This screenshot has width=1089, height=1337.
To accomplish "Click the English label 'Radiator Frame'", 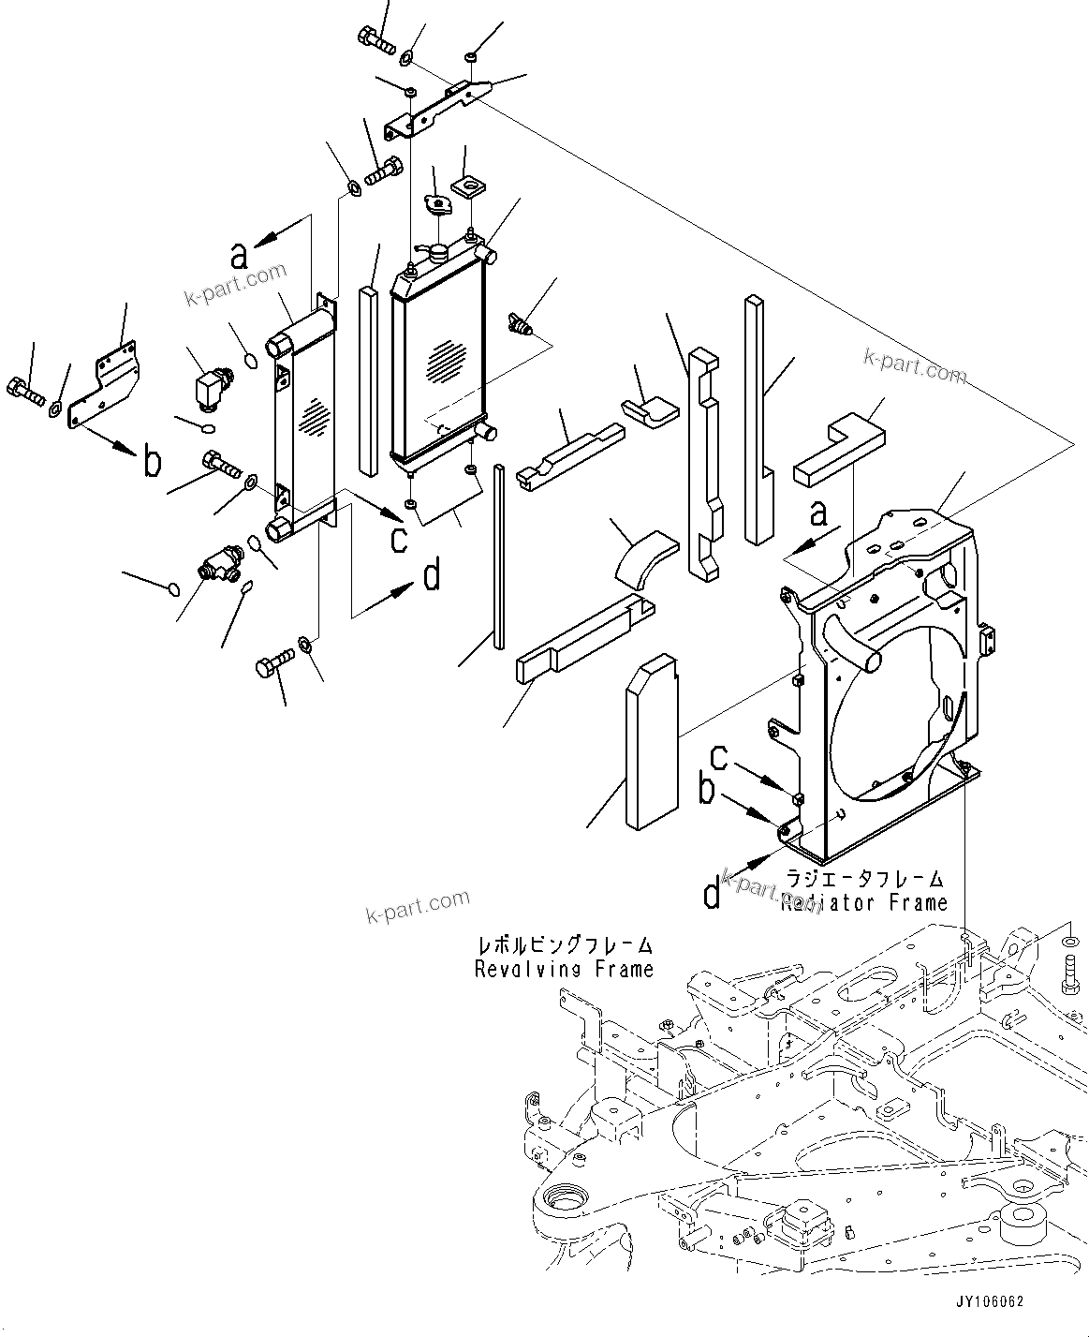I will coord(851,903).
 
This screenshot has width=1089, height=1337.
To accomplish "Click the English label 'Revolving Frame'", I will coord(564,969).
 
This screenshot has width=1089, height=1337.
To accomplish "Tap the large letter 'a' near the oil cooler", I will coord(241,254).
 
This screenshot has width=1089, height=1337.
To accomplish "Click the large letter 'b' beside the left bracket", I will coord(152,462).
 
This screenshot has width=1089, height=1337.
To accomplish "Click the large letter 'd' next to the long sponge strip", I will coord(432,577).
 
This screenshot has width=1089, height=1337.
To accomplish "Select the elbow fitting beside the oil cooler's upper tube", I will coord(210,387).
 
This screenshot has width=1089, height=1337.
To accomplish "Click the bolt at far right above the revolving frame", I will coord(1069,966).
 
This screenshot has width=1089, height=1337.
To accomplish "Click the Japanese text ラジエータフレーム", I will coord(864,879).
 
